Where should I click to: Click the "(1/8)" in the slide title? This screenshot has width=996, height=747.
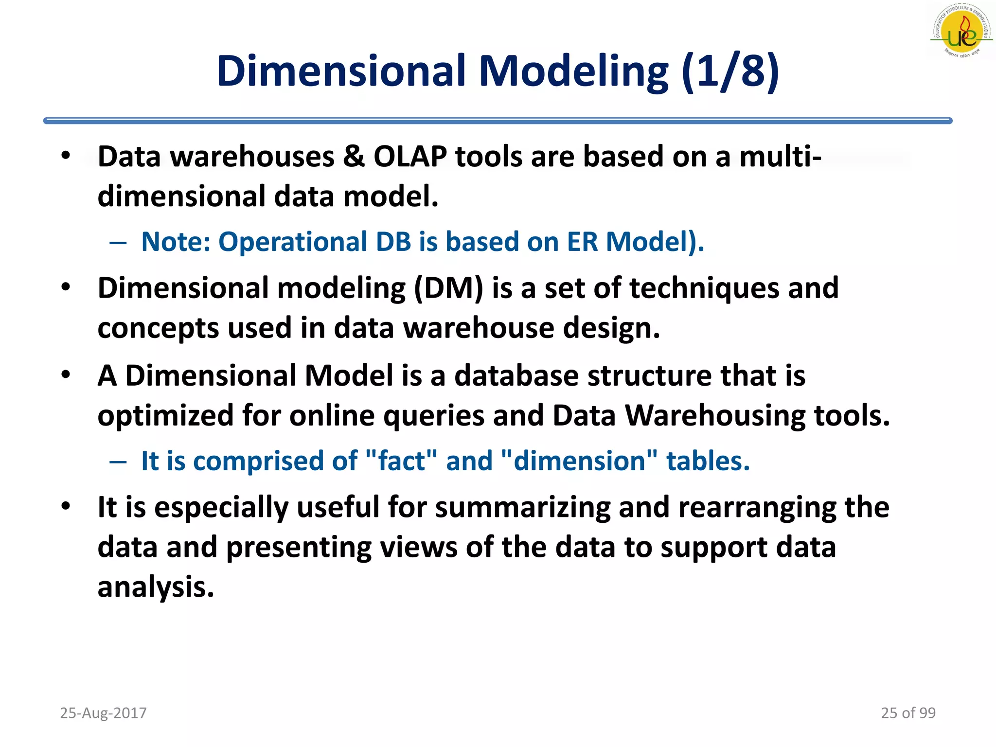tap(730, 71)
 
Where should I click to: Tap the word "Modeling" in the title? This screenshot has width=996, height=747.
tap(574, 72)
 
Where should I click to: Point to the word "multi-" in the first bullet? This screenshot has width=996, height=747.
tap(780, 157)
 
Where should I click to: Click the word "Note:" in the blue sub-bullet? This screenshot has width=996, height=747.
tap(176, 242)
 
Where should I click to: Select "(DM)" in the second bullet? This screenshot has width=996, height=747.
tap(448, 288)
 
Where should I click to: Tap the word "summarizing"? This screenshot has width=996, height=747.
tap(522, 507)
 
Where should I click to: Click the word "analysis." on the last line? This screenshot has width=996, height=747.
tap(156, 587)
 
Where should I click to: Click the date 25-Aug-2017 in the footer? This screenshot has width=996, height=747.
tap(103, 713)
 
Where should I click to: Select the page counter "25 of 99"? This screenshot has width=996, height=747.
tap(908, 713)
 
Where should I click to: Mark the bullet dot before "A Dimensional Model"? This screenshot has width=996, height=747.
tap(66, 375)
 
